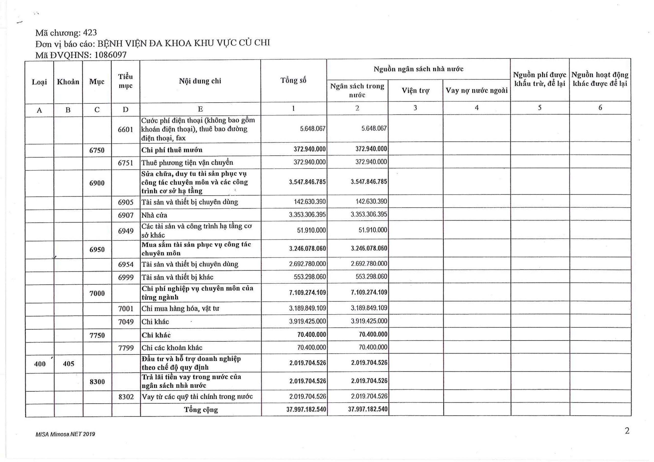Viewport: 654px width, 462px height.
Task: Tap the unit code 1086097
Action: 110,55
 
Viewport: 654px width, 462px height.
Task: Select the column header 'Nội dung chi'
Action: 200,81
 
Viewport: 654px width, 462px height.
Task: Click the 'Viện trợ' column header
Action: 415,91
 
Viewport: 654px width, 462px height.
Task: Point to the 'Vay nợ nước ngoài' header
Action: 476,91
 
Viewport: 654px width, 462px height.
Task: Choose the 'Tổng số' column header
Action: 293,81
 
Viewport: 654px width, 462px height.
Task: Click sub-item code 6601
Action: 126,129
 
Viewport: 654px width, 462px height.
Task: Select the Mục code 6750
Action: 97,150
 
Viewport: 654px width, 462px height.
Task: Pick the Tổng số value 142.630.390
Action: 310,202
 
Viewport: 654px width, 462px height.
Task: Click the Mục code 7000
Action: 97,293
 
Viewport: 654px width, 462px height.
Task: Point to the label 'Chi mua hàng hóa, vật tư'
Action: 180,308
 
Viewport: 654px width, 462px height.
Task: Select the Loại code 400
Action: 40,363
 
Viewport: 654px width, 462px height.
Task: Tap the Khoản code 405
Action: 68,363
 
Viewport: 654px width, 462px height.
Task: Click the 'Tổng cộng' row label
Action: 201,410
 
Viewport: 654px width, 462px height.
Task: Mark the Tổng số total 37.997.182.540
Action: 306,409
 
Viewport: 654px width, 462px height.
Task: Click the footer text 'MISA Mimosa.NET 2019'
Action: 65,434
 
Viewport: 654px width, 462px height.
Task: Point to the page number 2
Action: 627,431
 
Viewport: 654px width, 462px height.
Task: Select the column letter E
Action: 200,109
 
